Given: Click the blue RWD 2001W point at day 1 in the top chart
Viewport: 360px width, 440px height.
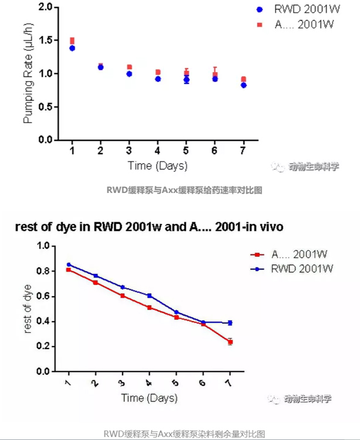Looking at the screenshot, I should point(72,48).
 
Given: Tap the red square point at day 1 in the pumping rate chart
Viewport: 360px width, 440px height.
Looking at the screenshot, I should point(72,40).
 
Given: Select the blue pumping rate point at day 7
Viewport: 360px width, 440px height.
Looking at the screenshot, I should point(243,85).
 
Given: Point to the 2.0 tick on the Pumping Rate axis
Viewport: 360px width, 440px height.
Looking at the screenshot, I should point(45,7).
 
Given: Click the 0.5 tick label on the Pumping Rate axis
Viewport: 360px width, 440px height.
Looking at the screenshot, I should point(45,107).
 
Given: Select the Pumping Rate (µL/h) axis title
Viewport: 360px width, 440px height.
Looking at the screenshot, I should point(28,73).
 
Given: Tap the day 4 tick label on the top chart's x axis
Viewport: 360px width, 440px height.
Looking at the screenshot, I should point(158,151).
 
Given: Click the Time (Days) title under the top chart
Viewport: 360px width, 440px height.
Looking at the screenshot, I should point(157,166).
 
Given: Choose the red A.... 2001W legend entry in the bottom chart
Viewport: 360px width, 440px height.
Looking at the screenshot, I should point(292,255).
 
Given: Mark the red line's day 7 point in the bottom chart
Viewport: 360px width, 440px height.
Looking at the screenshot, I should point(230,341).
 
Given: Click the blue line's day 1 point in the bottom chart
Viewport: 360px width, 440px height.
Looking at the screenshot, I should point(69,265).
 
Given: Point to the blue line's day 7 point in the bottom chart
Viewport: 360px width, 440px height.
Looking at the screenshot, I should point(230,323).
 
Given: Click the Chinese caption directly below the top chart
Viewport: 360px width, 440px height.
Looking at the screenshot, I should point(184,190).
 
